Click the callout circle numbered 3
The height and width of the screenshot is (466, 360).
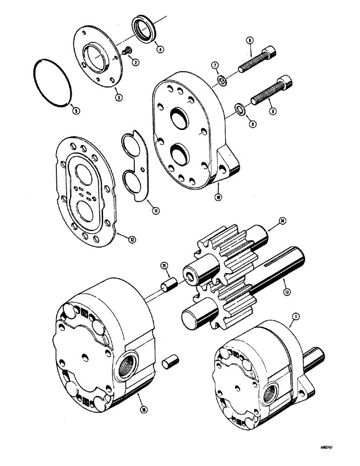point(119,97)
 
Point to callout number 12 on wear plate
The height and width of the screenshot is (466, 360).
point(132,239)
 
